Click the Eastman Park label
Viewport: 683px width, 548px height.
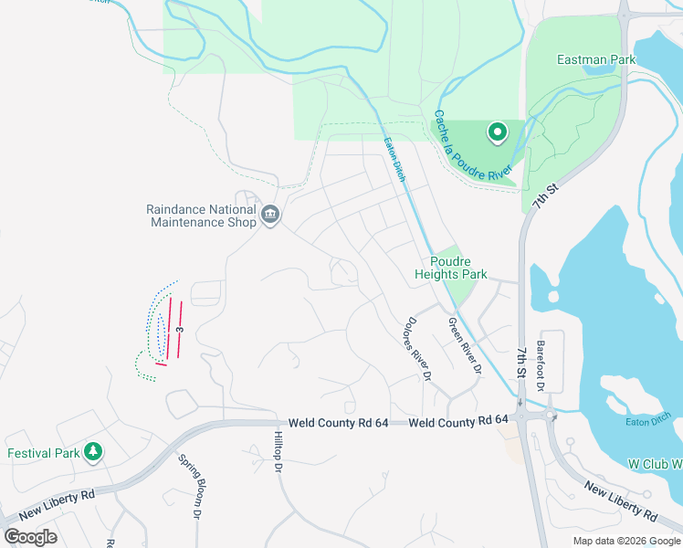(x=596, y=60)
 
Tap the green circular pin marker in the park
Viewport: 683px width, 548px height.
(x=498, y=133)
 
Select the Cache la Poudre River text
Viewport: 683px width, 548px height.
(x=474, y=146)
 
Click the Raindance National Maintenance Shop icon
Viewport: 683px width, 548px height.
(x=270, y=216)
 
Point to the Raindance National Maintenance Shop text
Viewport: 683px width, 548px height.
(x=201, y=216)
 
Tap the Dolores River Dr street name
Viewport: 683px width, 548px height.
(x=416, y=348)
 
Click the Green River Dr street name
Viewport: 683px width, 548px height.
(x=464, y=346)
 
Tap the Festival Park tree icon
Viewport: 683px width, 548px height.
(x=92, y=452)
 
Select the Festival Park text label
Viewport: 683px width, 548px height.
(x=43, y=453)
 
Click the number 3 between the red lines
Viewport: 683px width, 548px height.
(x=181, y=329)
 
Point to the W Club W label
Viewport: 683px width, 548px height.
(x=655, y=464)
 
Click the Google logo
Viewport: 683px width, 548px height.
(x=30, y=536)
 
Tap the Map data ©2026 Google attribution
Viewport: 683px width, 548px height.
(x=625, y=541)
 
